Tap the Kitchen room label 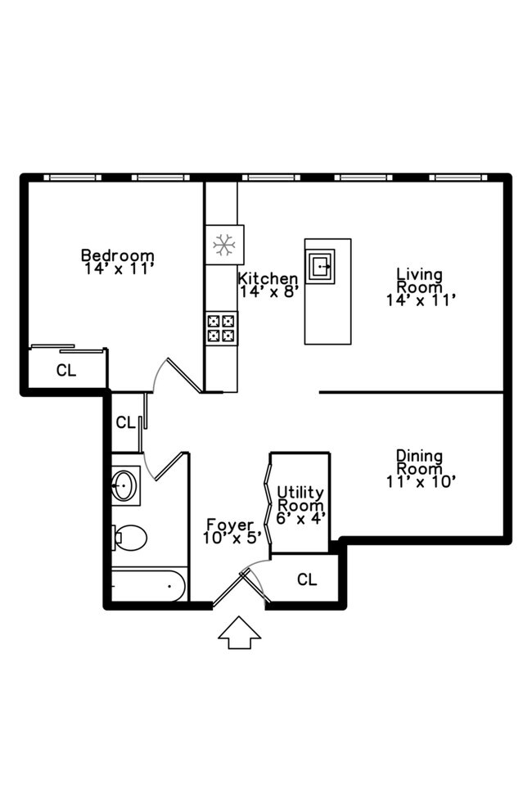point(268,278)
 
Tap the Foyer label point(230,524)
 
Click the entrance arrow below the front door point(239,633)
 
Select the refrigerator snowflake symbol point(224,245)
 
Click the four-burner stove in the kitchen point(222,328)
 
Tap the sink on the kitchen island point(321,266)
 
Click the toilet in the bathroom point(130,538)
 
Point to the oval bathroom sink point(124,485)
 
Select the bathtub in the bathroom point(148,585)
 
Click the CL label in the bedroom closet point(66,371)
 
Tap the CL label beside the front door point(307,579)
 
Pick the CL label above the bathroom point(126,422)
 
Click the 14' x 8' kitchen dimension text point(268,291)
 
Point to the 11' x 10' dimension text point(421,482)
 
